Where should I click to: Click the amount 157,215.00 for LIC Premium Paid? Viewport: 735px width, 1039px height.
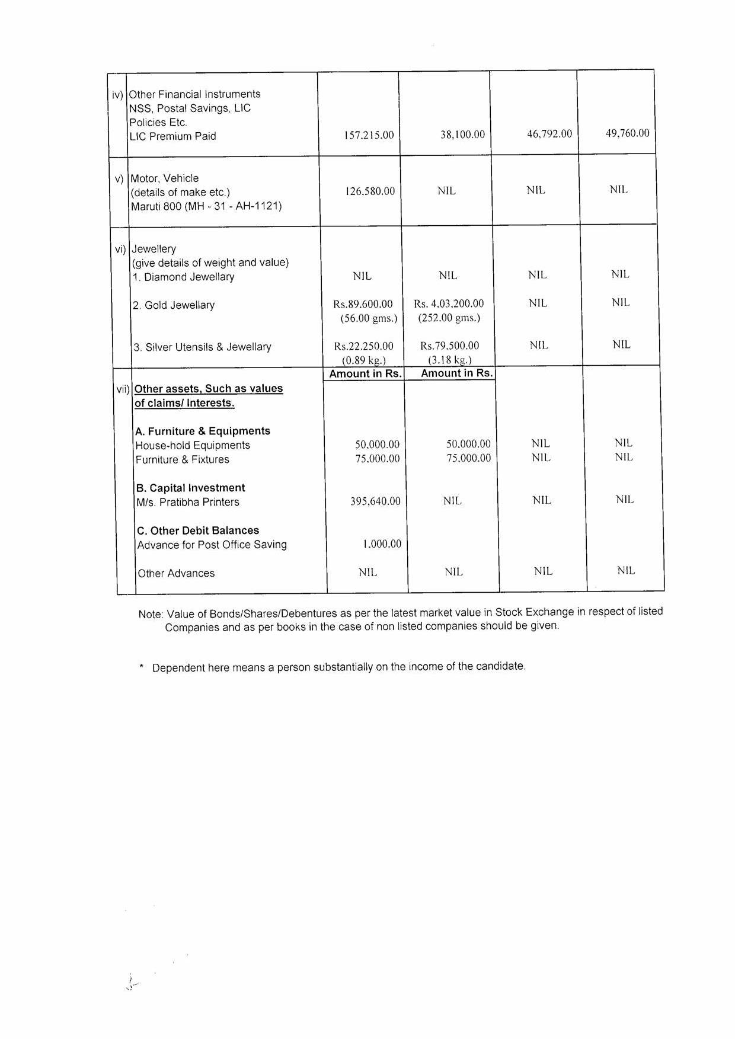pyautogui.click(x=369, y=135)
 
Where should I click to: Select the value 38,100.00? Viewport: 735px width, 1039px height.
pyautogui.click(x=462, y=135)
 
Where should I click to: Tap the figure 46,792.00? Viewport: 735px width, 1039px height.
pyautogui.click(x=549, y=134)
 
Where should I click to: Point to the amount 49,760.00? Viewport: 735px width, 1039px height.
pyautogui.click(x=627, y=133)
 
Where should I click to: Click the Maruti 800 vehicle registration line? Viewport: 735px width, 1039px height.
pyautogui.click(x=206, y=206)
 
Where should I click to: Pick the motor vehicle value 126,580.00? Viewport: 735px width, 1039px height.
pyautogui.click(x=370, y=191)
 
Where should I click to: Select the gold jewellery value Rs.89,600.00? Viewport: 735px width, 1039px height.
pyautogui.click(x=363, y=304)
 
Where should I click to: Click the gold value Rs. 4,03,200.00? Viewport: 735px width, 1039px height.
pyautogui.click(x=449, y=303)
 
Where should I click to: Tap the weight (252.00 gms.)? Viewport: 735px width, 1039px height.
pyautogui.click(x=449, y=318)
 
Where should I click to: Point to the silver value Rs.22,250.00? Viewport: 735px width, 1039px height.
pyautogui.click(x=363, y=346)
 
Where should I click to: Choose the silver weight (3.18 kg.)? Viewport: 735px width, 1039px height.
pyautogui.click(x=450, y=360)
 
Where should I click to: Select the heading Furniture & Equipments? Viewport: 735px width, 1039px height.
pyautogui.click(x=203, y=431)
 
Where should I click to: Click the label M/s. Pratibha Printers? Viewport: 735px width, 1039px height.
pyautogui.click(x=188, y=502)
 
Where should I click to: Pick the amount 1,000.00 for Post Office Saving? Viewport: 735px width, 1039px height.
pyautogui.click(x=382, y=544)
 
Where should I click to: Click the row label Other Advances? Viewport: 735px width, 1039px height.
pyautogui.click(x=176, y=573)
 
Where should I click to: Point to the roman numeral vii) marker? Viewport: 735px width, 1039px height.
pyautogui.click(x=123, y=389)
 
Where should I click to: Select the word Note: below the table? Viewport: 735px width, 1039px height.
pyautogui.click(x=151, y=615)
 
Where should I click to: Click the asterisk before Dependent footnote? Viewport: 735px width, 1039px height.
pyautogui.click(x=142, y=667)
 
